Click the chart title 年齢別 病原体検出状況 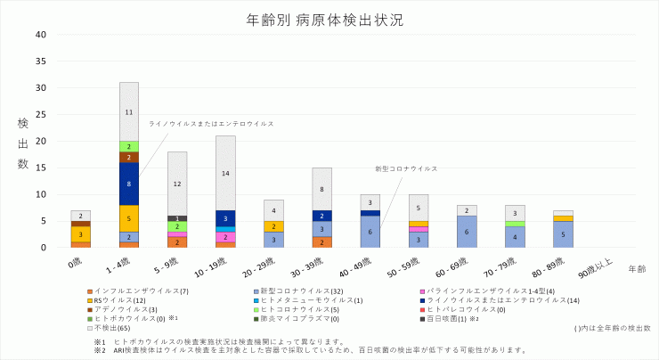pos(329,19)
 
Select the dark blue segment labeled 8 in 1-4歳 pos(129,184)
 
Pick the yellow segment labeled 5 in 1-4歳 pos(129,218)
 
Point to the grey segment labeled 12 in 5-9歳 pos(177,184)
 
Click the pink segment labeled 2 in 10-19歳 pos(225,237)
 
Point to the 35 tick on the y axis pos(41,61)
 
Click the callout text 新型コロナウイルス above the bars pos(406,168)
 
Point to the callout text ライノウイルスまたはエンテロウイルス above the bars pos(211,124)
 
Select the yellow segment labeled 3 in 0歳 pos(81,234)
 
